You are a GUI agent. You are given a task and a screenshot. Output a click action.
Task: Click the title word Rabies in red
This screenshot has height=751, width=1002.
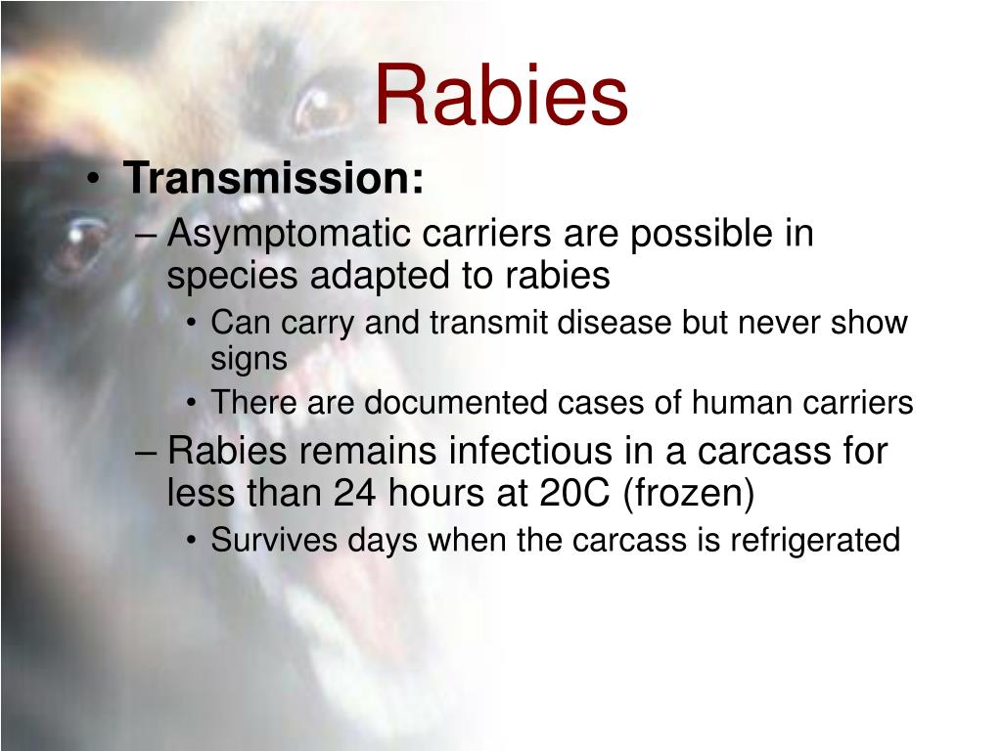click(501, 96)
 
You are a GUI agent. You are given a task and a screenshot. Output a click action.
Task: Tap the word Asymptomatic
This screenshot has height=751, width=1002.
click(289, 236)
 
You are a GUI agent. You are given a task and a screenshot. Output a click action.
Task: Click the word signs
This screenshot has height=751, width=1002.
click(249, 360)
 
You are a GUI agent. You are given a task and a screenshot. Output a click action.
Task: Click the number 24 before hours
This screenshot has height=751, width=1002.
click(355, 494)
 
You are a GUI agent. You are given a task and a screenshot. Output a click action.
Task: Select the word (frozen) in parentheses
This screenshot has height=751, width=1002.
click(692, 495)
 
